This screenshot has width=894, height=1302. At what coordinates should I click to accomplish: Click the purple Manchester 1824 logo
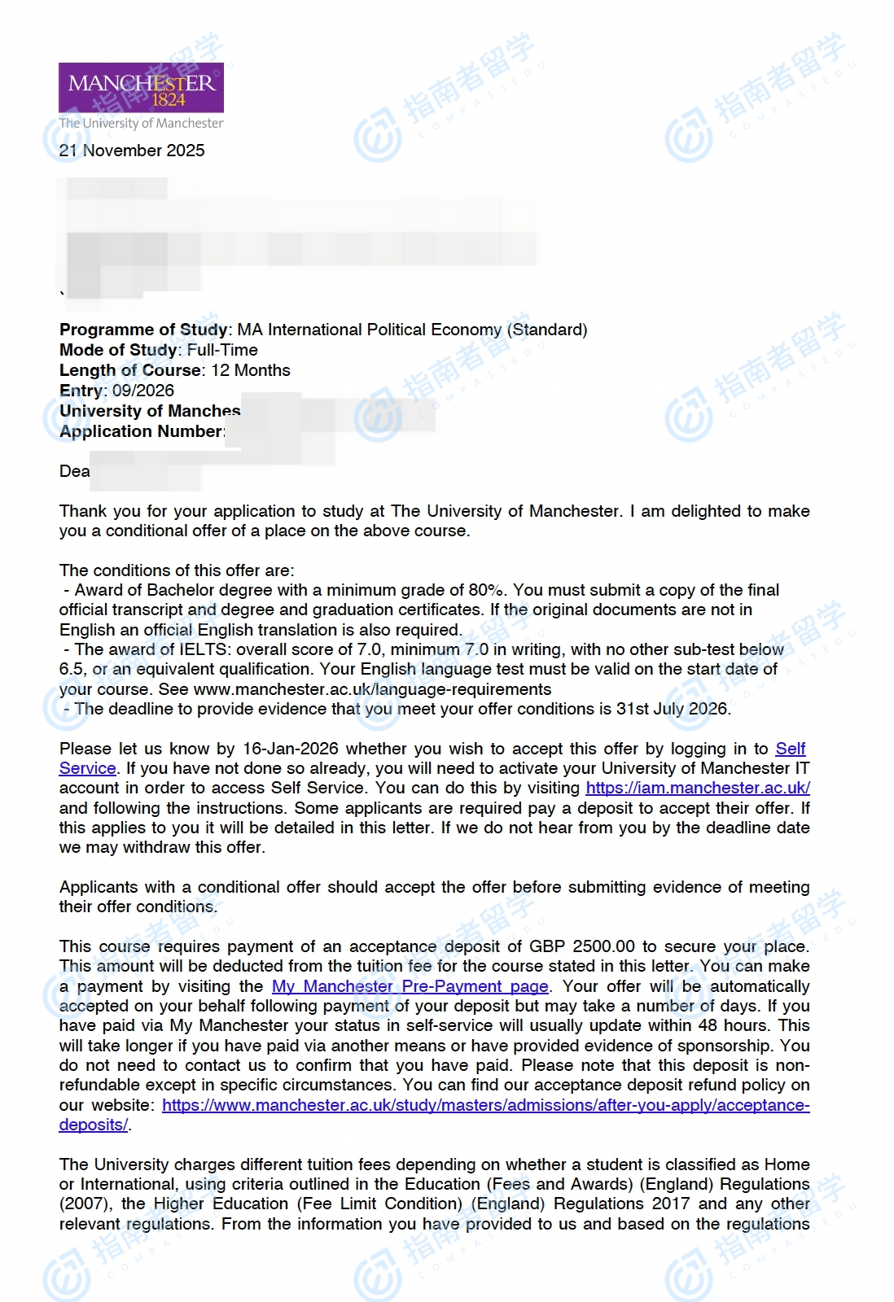[141, 88]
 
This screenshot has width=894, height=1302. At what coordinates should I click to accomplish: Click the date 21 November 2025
[132, 151]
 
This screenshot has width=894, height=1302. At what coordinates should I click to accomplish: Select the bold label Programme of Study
[143, 330]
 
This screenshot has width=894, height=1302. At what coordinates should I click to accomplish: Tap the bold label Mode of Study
[118, 350]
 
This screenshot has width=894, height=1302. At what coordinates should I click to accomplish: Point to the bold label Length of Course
[129, 370]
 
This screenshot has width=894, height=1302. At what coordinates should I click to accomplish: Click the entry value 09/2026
[143, 391]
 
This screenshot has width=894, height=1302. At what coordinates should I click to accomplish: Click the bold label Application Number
[142, 431]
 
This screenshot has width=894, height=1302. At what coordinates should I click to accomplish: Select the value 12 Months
[251, 370]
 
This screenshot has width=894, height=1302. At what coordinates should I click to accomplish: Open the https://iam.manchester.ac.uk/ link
[698, 788]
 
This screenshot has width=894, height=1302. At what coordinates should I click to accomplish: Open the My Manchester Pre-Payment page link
[410, 986]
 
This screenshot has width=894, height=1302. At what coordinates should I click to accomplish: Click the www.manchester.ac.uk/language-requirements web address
[372, 689]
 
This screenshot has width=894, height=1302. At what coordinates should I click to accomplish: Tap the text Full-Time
[222, 350]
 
